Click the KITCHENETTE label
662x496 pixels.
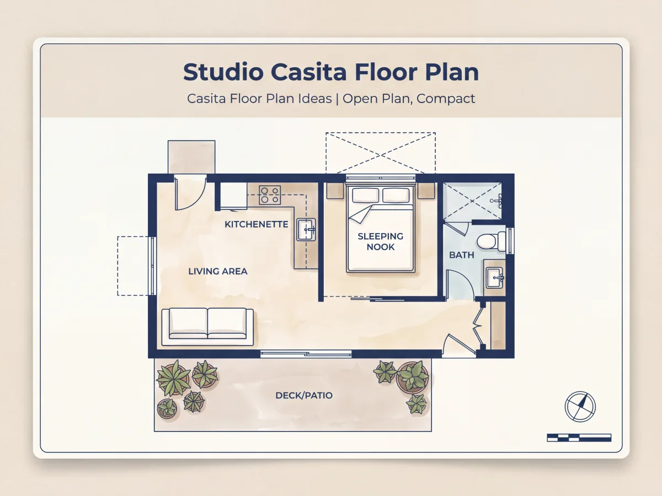tap(257, 224)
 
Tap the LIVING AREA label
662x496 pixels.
tap(218, 271)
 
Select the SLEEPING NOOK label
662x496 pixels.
tap(380, 241)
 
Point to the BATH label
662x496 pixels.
tap(461, 255)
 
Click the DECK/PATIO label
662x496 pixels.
tap(304, 395)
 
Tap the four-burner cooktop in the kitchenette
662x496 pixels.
tap(270, 195)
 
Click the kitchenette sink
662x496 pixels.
tap(306, 229)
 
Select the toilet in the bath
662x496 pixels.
tap(492, 241)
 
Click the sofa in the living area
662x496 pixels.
tap(207, 326)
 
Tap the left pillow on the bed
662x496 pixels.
tap(366, 195)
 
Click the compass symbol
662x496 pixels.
tap(580, 407)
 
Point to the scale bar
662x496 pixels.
tap(579, 438)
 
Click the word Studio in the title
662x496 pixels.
tap(223, 72)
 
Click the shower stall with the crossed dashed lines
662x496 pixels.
tap(472, 201)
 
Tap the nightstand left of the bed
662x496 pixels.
tap(335, 191)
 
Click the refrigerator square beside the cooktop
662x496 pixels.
tap(233, 195)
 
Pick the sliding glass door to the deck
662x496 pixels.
tap(306, 354)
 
